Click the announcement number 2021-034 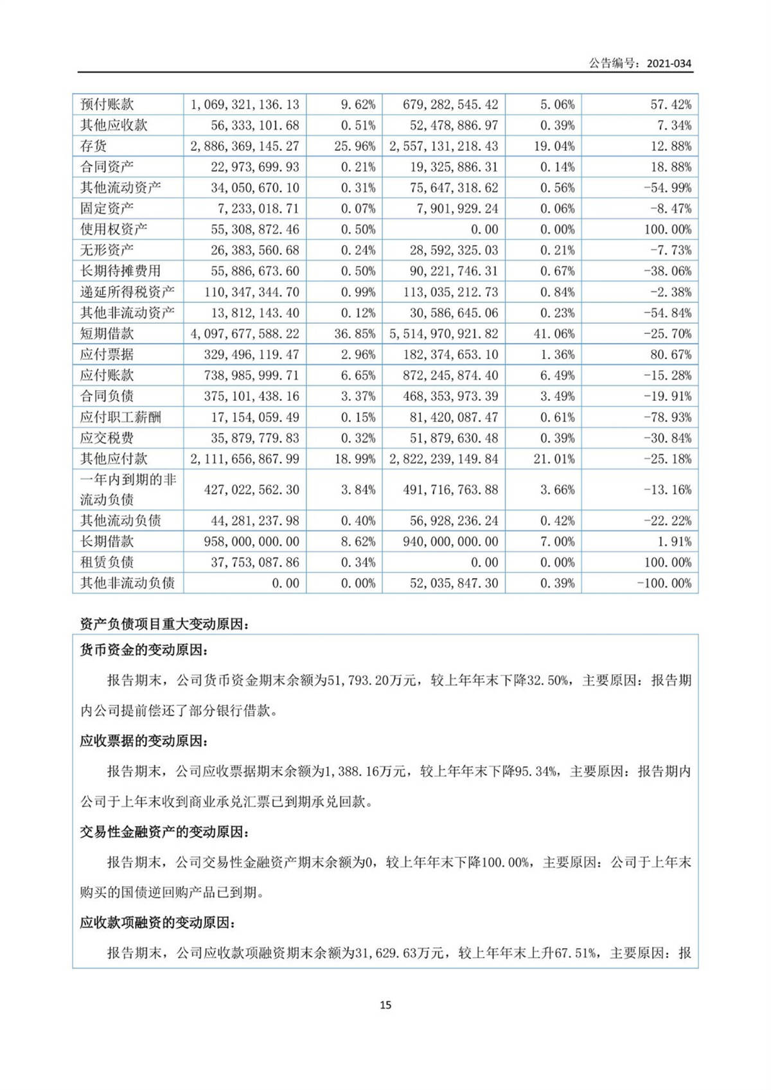[x=669, y=63]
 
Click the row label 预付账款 [x=107, y=104]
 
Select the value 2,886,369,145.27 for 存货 [x=245, y=146]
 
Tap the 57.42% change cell [x=671, y=104]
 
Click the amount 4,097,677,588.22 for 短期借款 [x=245, y=333]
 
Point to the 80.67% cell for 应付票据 [x=671, y=355]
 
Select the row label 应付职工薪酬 [x=120, y=417]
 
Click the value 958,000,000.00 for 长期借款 [x=252, y=541]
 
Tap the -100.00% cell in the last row [x=664, y=583]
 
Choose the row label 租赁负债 [x=107, y=562]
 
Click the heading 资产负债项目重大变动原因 [x=164, y=624]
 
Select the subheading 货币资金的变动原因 [x=144, y=650]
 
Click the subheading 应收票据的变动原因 [x=144, y=741]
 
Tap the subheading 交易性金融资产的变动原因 [x=164, y=832]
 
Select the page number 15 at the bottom [x=385, y=1005]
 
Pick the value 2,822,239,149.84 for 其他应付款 [x=444, y=459]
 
